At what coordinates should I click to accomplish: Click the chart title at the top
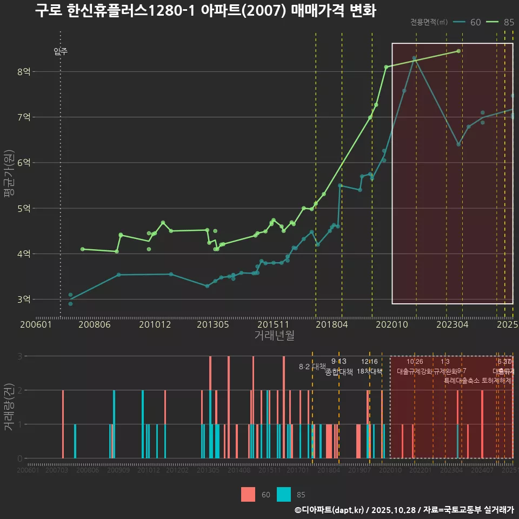[205, 11]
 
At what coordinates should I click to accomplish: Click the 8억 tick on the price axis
[24, 71]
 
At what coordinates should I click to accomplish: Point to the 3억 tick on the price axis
[24, 299]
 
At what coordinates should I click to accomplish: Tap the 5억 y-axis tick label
[24, 208]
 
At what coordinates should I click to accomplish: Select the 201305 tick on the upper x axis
[212, 324]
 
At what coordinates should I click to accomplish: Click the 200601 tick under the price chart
[36, 324]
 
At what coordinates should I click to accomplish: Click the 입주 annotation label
[61, 52]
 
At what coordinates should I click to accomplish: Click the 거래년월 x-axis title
[274, 336]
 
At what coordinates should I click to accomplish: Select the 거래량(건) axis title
[9, 407]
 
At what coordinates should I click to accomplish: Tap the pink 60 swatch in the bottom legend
[248, 494]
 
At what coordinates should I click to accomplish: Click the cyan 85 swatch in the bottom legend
[284, 494]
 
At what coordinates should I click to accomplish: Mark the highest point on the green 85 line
[458, 51]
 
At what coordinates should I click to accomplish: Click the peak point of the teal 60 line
[414, 58]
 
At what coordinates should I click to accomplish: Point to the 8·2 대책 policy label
[309, 367]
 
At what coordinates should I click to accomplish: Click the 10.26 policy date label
[415, 362]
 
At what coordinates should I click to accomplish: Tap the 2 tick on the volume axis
[20, 390]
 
